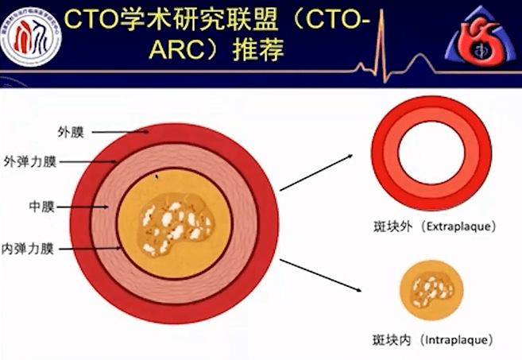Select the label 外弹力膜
pyautogui.click(x=30, y=162)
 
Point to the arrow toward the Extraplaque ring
pyautogui.click(x=315, y=173)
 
